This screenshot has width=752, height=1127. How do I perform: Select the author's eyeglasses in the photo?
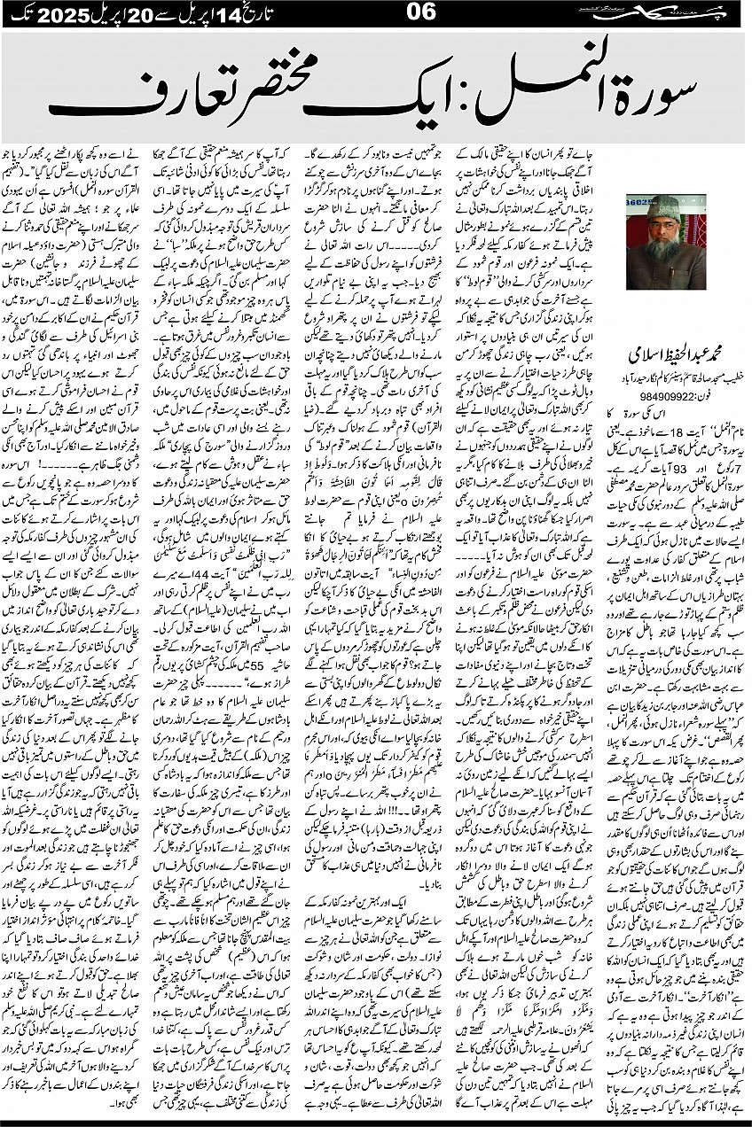click(x=666, y=227)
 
